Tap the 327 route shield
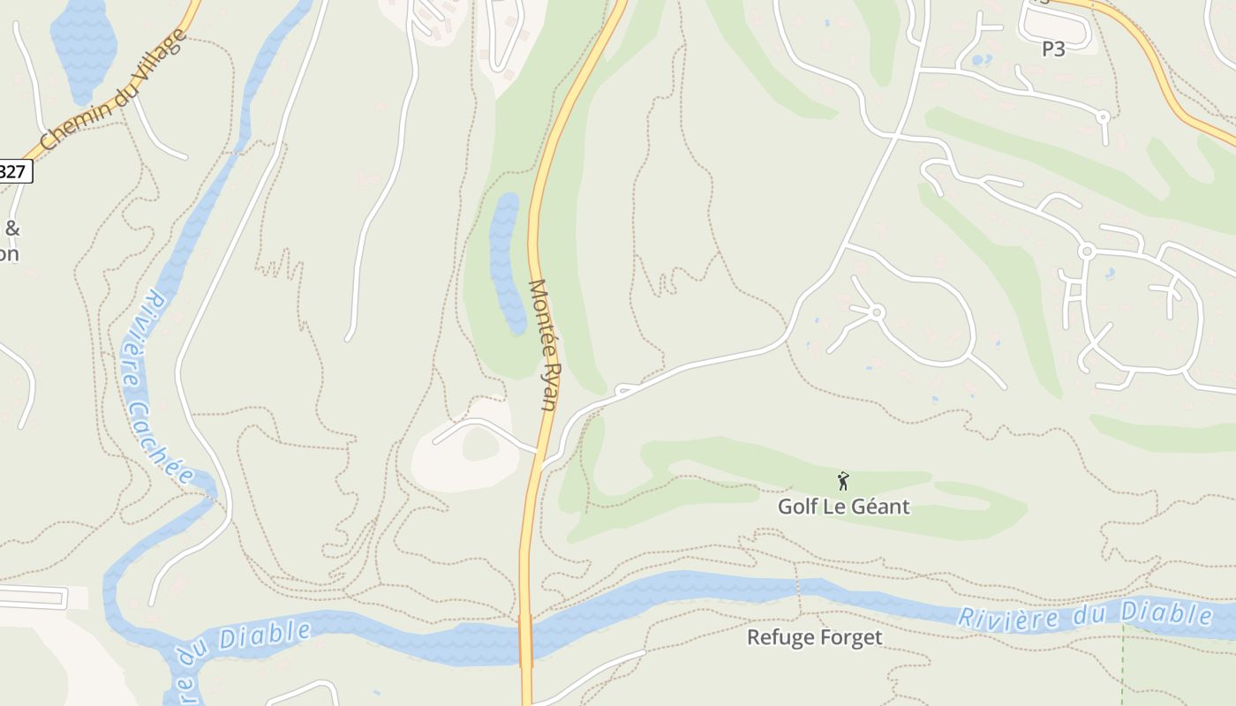click(14, 170)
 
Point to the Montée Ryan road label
click(543, 344)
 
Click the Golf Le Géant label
click(843, 507)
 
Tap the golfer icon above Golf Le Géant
click(843, 481)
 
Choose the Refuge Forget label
click(814, 637)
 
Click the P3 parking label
click(1053, 49)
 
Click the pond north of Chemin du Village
click(83, 40)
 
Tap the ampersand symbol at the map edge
click(12, 229)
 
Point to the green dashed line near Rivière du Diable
click(1122, 662)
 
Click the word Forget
click(849, 637)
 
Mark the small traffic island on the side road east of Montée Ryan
click(624, 389)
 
